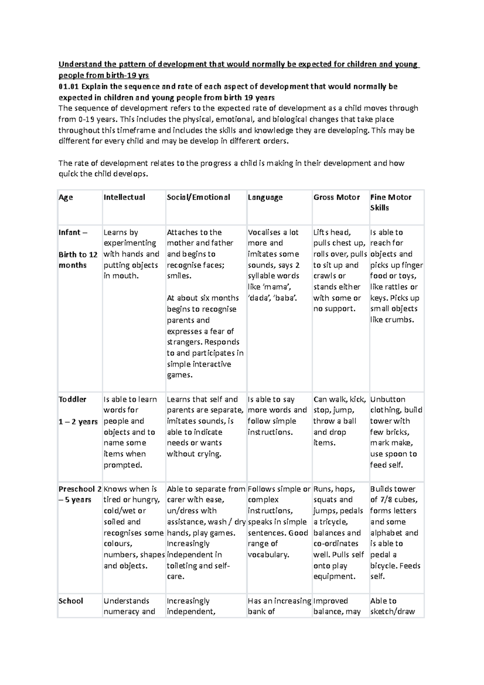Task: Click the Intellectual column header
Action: coord(124,197)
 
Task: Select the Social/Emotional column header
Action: coord(198,197)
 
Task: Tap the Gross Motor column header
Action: coord(336,197)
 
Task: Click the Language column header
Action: coord(265,197)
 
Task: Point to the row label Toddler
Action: coord(73,399)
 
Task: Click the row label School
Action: coord(71,601)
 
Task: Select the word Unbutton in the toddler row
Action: coord(388,399)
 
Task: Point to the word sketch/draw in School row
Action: coord(392,612)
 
